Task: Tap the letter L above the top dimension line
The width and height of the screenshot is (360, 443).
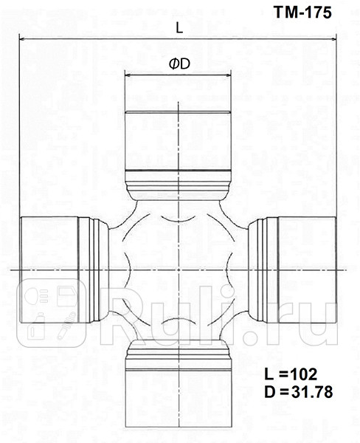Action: click(179, 27)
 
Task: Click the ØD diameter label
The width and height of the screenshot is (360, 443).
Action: click(179, 65)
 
